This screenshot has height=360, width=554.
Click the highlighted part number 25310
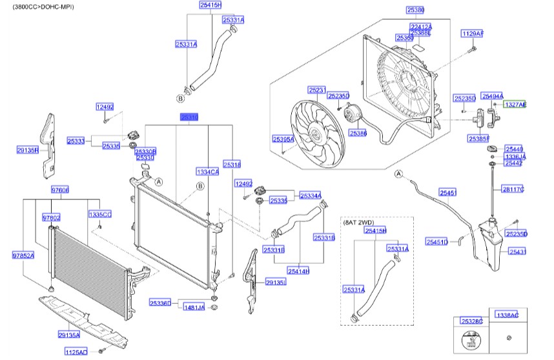(189, 118)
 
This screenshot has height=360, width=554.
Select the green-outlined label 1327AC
(515, 104)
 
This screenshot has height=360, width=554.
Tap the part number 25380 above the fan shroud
(415, 10)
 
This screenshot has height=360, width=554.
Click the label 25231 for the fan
(317, 90)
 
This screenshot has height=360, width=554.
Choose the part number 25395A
(283, 139)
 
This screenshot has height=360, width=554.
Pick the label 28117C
(513, 189)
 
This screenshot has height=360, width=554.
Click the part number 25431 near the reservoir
(517, 252)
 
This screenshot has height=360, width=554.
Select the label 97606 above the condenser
(60, 190)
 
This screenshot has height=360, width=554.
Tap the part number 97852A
(23, 255)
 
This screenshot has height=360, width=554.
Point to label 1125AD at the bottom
(76, 352)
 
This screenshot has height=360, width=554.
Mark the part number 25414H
(298, 271)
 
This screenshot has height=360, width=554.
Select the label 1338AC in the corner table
(507, 315)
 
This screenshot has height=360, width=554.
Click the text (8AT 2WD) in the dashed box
(359, 222)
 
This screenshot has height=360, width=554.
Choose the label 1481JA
(194, 308)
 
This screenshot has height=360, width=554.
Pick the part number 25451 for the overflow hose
(447, 192)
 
